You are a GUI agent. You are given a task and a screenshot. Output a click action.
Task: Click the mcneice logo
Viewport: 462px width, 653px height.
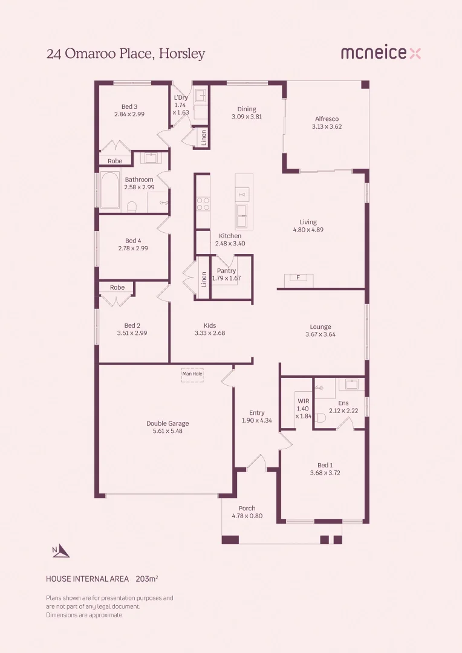click(380, 53)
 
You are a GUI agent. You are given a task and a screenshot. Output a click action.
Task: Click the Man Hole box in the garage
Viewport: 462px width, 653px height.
click(192, 374)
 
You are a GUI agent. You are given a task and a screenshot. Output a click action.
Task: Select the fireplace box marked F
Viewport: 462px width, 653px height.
click(299, 278)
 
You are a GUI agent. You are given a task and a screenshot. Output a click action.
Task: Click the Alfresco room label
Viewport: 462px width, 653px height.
click(327, 119)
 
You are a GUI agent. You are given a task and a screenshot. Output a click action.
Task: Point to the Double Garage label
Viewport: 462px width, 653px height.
click(168, 423)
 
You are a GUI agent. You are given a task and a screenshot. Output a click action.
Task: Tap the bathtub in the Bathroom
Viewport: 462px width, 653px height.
click(110, 190)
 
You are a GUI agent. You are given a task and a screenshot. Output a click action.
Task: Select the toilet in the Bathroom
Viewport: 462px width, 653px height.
click(132, 207)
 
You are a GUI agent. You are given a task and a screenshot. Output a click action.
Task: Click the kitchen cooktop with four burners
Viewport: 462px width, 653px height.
click(203, 203)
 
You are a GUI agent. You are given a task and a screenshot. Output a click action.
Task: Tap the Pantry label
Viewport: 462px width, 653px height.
click(226, 271)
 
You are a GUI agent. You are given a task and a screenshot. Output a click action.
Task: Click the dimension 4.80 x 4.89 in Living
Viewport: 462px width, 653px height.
click(308, 230)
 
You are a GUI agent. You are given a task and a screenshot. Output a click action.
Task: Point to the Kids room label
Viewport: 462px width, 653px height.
click(210, 325)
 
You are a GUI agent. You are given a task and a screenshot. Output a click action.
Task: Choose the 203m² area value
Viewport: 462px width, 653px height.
click(147, 579)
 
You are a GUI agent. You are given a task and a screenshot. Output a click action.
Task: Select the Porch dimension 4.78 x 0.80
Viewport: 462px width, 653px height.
click(247, 516)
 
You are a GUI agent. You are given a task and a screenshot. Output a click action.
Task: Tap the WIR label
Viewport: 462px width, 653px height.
click(303, 400)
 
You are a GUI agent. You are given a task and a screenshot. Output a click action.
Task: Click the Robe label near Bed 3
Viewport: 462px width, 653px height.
click(115, 161)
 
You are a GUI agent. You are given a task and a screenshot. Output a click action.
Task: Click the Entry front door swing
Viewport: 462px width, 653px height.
click(256, 462)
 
